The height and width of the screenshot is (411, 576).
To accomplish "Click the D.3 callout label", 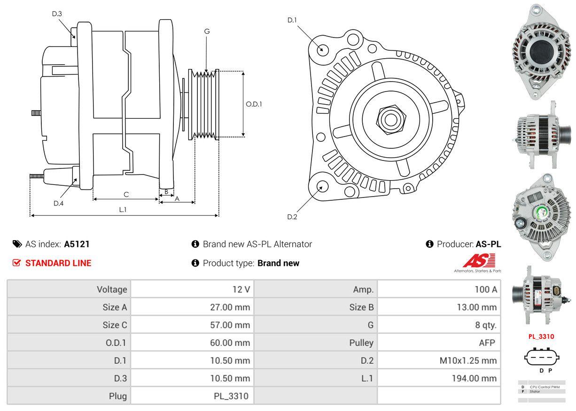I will coord(57,14).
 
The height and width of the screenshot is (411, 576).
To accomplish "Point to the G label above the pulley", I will coord(207,31).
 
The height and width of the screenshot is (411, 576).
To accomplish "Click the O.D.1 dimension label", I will coord(254,104).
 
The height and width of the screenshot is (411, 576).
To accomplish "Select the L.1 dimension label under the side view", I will coord(123,210).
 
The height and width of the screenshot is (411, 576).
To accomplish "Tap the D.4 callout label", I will coord(58,203).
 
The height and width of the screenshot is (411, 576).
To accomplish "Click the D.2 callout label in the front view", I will coord(292,217).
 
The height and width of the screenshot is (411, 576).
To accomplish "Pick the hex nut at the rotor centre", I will coord(388,119).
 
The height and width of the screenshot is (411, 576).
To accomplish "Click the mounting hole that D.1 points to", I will coord(322,49).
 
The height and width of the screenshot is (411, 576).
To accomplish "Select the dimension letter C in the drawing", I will coord(126,194).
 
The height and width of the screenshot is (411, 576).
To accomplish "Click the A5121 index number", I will coord(77,244).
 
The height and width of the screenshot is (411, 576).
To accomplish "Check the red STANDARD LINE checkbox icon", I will coord(17,263).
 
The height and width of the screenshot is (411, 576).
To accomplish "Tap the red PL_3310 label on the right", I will coord(541,336).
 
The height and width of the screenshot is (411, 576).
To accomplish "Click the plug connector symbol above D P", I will coord(543,357).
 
